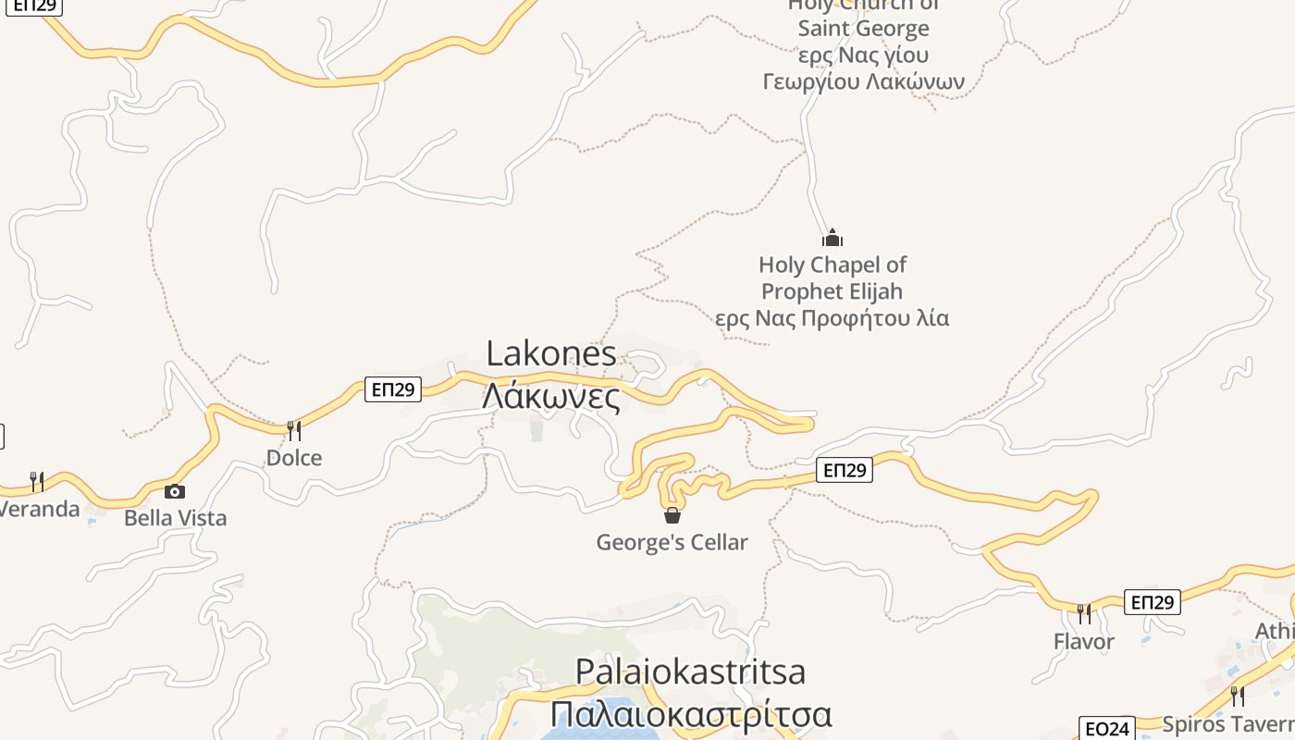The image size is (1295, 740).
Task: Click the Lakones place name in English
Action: click(551, 353)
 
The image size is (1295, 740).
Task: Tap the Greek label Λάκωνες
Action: click(551, 396)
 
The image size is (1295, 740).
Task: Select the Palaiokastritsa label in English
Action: click(690, 671)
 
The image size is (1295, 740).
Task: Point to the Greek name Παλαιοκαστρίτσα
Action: click(691, 714)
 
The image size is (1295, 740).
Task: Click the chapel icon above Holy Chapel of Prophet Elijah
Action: click(832, 238)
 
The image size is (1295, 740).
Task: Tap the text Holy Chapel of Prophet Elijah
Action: click(832, 277)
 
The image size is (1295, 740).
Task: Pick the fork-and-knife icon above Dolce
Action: click(294, 430)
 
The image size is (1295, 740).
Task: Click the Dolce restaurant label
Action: click(294, 458)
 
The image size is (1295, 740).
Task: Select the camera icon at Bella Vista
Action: click(175, 491)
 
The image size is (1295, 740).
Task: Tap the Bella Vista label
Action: click(175, 518)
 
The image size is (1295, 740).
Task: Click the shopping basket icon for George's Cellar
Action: click(672, 515)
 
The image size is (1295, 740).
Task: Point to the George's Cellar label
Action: click(672, 542)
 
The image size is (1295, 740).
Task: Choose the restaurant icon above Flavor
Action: click(1084, 613)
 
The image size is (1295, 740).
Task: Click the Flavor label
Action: click(1084, 641)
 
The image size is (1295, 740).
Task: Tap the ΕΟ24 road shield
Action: click(1107, 729)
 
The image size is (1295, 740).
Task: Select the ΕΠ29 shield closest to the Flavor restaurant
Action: click(1153, 603)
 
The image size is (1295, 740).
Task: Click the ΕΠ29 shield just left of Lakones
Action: click(393, 389)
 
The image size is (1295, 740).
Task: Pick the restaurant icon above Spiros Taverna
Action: click(1238, 696)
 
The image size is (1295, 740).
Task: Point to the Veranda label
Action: click(40, 509)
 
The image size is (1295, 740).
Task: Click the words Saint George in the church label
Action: click(864, 28)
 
